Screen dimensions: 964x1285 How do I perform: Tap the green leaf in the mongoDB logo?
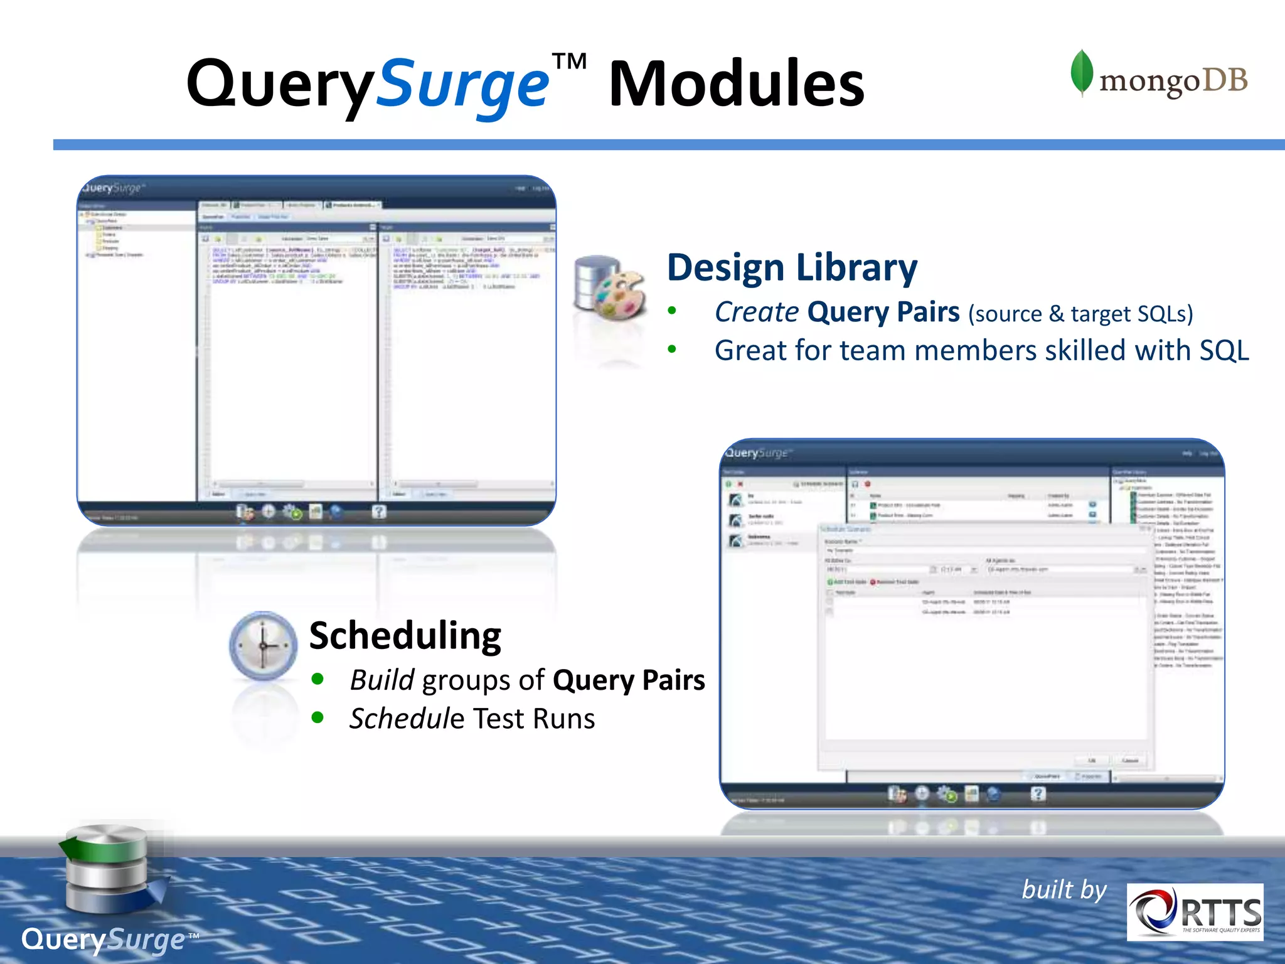click(x=1081, y=72)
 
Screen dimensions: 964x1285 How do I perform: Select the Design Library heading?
click(x=792, y=268)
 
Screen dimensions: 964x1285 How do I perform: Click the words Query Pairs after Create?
click(x=883, y=312)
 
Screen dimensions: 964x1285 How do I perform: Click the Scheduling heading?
click(x=405, y=635)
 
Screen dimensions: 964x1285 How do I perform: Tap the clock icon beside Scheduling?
click(x=264, y=646)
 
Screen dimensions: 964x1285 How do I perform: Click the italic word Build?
click(x=381, y=680)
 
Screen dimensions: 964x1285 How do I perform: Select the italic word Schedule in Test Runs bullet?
click(x=407, y=719)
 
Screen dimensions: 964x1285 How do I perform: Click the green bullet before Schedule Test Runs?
click(x=317, y=717)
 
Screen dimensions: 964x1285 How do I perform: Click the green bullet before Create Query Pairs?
click(x=672, y=311)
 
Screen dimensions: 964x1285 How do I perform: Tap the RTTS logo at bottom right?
click(x=1195, y=912)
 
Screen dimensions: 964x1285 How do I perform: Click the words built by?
click(x=1064, y=890)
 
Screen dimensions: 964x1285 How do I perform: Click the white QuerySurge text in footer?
click(x=104, y=940)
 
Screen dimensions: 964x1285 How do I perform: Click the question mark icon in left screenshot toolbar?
click(x=378, y=511)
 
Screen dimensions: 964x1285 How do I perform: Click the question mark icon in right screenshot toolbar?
click(x=1038, y=794)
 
